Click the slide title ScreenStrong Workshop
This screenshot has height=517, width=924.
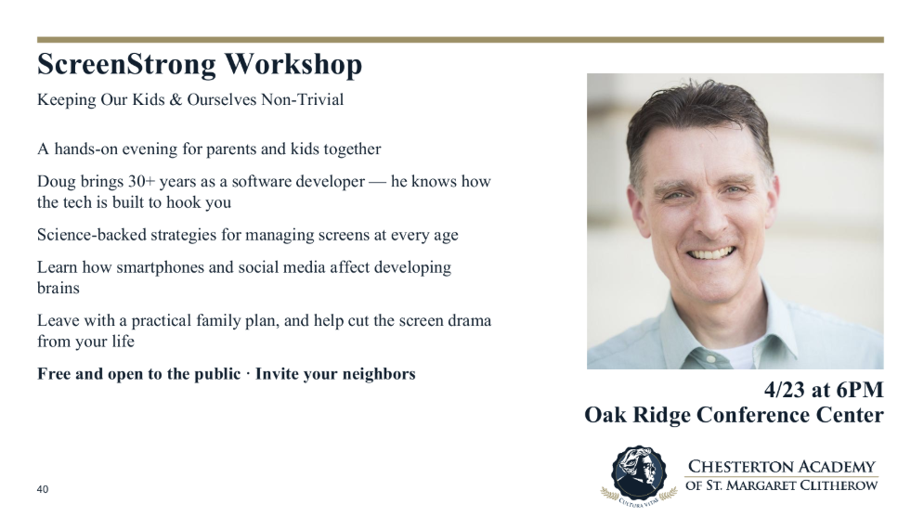tap(199, 65)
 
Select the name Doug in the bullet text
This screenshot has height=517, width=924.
tap(55, 182)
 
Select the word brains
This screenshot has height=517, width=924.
tap(58, 288)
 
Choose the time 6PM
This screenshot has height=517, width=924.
tap(860, 390)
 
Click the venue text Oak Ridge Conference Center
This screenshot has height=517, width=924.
tap(734, 415)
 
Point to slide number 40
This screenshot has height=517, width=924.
tap(43, 489)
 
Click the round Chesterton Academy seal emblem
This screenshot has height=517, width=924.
tap(638, 472)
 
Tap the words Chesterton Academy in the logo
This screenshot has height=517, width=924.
tap(781, 467)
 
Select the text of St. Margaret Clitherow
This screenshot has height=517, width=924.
tap(781, 485)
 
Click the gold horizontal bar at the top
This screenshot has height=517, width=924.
tap(460, 40)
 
